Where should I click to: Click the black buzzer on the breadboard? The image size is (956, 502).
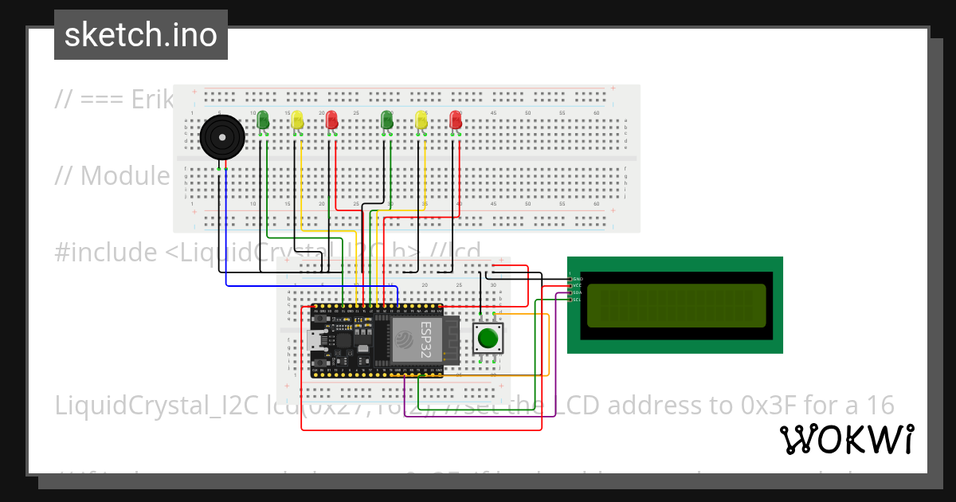(x=221, y=139)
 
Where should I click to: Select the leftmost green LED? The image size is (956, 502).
(x=263, y=120)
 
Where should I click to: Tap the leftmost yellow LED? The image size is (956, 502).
(x=297, y=120)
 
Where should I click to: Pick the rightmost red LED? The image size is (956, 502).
(x=456, y=120)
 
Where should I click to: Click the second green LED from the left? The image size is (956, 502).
(x=387, y=120)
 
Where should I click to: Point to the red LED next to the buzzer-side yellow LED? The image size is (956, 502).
(x=332, y=120)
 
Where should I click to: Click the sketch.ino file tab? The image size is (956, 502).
(x=141, y=35)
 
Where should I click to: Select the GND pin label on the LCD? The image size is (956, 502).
(x=577, y=279)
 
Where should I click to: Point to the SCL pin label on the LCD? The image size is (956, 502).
(x=576, y=300)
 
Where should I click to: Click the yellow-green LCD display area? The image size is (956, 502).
(x=676, y=306)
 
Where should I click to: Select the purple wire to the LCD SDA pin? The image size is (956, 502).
(x=555, y=359)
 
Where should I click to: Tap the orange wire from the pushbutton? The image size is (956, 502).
(x=549, y=351)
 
